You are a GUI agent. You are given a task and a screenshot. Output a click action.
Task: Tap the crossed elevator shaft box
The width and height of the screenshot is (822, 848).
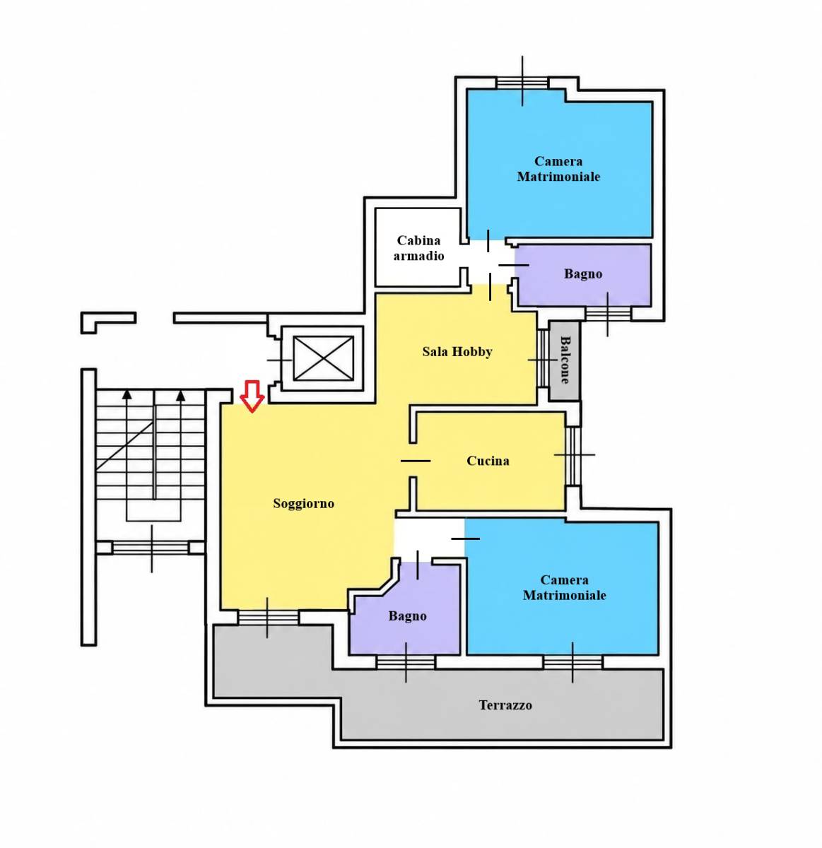(x=323, y=358)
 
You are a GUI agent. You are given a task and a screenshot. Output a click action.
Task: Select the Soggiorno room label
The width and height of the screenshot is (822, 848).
(x=304, y=504)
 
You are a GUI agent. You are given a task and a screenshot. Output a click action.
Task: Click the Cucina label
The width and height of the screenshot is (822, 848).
(x=488, y=461)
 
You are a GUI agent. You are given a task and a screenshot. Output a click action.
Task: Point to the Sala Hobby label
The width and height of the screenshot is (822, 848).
(x=457, y=352)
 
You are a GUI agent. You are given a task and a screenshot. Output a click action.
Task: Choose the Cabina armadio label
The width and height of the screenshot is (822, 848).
(x=419, y=248)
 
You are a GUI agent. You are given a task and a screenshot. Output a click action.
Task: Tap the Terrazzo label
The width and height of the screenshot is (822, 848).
(x=505, y=705)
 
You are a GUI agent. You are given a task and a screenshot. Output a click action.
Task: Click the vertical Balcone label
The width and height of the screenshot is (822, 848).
(x=565, y=360)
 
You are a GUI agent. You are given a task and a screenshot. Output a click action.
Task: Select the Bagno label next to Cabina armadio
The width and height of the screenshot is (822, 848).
(x=583, y=274)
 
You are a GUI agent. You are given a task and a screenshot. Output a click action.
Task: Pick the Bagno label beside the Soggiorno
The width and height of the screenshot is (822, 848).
(x=408, y=616)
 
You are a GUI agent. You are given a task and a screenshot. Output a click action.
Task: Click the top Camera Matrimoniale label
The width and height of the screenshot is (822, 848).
(x=558, y=169)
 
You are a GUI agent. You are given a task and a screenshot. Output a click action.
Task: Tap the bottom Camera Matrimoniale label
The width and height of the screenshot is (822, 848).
(x=565, y=587)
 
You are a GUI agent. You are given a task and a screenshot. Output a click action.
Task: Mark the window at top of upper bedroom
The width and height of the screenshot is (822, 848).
(x=522, y=83)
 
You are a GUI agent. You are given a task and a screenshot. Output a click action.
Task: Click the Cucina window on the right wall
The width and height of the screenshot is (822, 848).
(x=573, y=456)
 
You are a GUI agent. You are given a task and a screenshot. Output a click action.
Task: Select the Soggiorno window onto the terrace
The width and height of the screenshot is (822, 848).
(x=268, y=618)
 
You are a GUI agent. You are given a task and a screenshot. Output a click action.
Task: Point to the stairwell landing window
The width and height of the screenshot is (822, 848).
(x=151, y=548)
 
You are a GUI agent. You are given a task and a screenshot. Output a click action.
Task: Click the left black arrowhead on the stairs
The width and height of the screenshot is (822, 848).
(x=127, y=395)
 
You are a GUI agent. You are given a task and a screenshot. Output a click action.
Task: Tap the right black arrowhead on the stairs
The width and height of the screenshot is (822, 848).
(x=180, y=395)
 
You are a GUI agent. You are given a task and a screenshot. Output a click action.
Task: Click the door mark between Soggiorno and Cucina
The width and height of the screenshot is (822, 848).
(x=416, y=461)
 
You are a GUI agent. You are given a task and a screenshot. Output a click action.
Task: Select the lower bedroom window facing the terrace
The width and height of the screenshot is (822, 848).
(x=573, y=663)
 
